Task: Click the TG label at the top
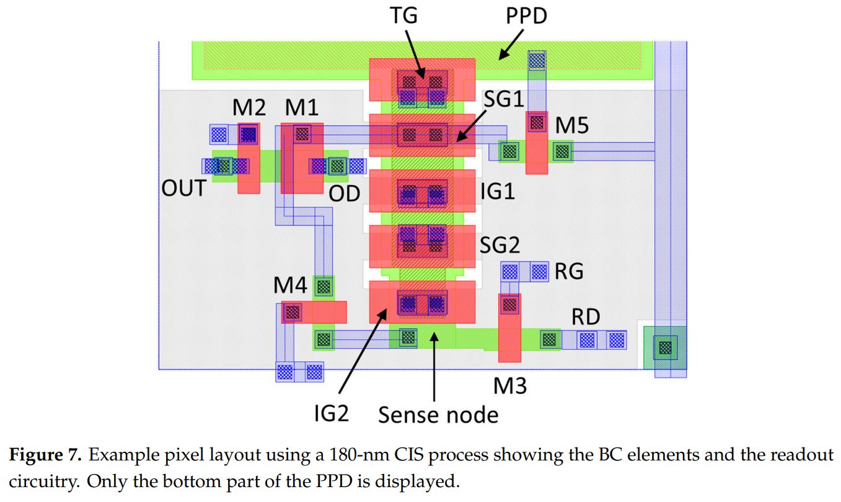403,16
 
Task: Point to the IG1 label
498,191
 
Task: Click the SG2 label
500,245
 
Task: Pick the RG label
569,271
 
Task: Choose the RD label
585,317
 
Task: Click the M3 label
509,386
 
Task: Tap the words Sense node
438,414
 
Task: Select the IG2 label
331,413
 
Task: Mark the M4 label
291,287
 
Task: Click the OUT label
183,188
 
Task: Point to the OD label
344,193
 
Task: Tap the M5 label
571,126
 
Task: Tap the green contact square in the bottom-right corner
664,347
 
